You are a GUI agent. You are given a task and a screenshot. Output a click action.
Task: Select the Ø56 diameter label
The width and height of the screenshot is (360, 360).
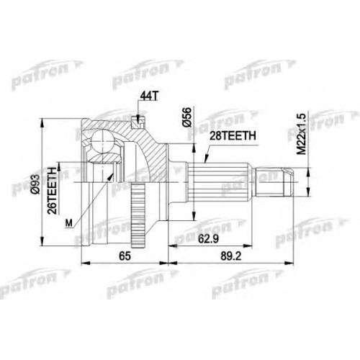(188, 117)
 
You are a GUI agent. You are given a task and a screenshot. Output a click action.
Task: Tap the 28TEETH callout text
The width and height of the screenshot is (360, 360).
(233, 136)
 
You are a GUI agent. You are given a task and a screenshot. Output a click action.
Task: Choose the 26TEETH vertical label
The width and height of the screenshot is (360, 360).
(53, 190)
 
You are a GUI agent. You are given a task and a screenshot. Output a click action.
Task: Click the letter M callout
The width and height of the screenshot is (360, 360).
(69, 223)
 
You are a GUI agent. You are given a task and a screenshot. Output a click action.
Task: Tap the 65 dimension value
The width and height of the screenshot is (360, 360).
(125, 256)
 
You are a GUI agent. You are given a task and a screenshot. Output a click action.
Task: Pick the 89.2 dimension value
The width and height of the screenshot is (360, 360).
(231, 256)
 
